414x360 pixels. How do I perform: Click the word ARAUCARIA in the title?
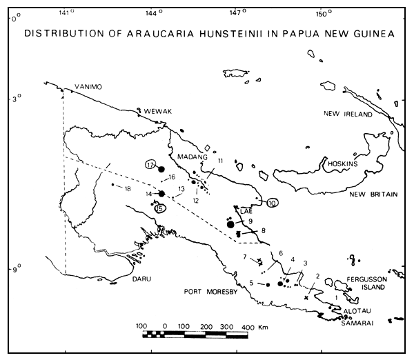tap(144, 35)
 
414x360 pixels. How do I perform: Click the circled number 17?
tap(152, 165)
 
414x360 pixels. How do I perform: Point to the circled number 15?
tap(161, 209)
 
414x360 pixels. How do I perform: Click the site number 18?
tap(127, 188)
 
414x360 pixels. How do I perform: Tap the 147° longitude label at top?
tap(237, 12)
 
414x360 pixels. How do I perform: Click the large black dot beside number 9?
tap(230, 224)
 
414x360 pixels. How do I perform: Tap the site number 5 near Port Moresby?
tap(253, 283)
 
